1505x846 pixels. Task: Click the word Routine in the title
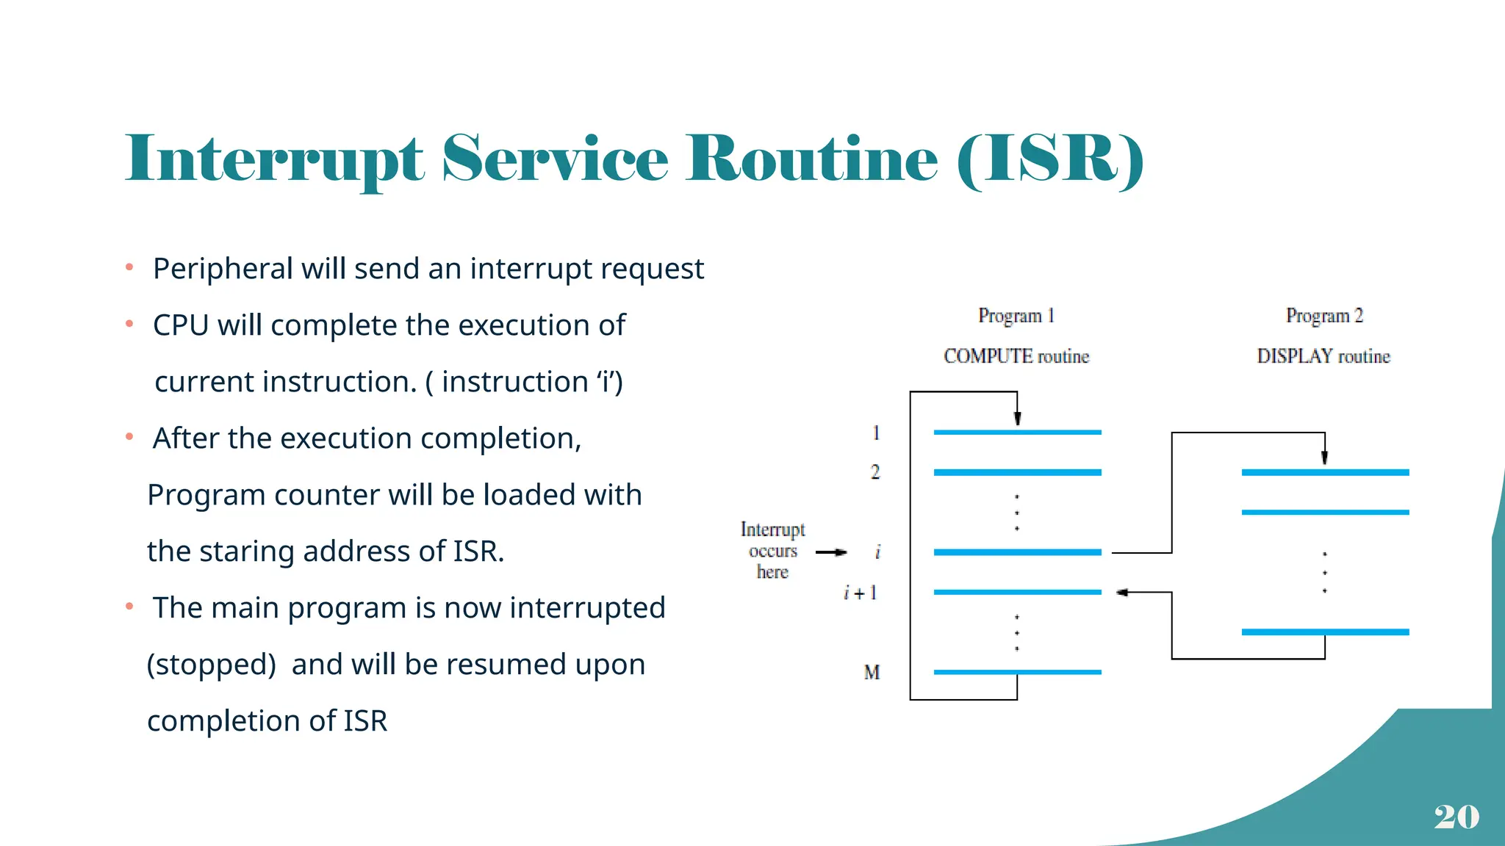(x=811, y=159)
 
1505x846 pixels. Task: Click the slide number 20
(x=1456, y=817)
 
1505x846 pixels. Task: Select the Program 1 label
(x=1016, y=316)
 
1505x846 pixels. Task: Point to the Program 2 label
(x=1324, y=316)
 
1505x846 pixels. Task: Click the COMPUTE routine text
(x=1016, y=356)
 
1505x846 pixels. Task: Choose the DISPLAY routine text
(x=1323, y=356)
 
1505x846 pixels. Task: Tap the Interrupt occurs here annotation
(x=772, y=551)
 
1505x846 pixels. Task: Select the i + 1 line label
(x=861, y=593)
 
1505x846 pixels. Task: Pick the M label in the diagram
(x=872, y=672)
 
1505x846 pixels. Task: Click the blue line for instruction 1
(x=1017, y=433)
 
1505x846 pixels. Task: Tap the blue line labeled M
(x=1017, y=672)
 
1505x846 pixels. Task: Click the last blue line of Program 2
(x=1325, y=632)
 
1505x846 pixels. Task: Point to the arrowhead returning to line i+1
(x=1121, y=593)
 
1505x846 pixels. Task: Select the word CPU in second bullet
(x=180, y=325)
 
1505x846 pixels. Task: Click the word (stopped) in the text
(x=212, y=665)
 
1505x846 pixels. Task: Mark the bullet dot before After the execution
(x=129, y=437)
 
